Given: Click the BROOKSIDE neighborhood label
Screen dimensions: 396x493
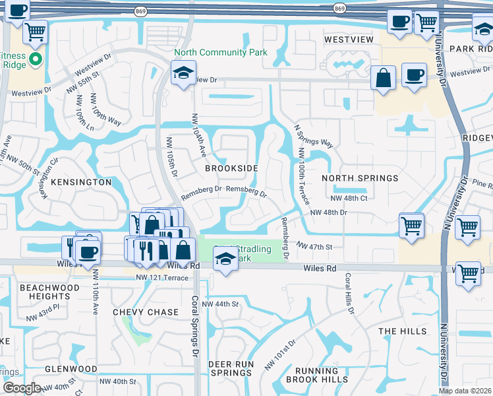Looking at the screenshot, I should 231,168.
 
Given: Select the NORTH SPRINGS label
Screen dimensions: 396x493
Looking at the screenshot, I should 359,178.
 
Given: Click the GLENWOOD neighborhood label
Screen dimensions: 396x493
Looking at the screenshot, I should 71,369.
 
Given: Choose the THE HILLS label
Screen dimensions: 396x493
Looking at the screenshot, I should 403,331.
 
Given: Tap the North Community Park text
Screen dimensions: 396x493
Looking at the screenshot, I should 220,52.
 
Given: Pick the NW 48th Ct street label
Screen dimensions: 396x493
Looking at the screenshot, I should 349,198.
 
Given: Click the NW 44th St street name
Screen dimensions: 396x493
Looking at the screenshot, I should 219,304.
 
